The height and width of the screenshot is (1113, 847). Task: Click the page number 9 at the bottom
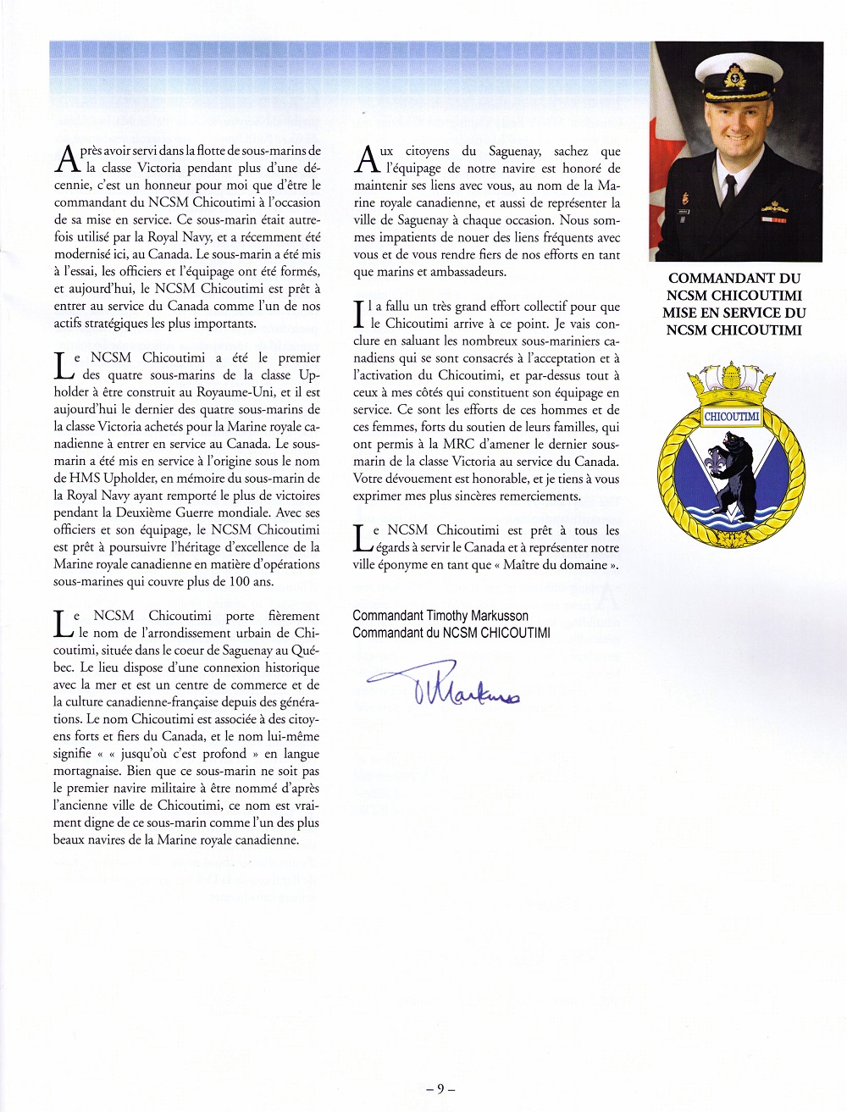pos(440,1088)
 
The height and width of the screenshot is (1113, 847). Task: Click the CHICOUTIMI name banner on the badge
pos(732,416)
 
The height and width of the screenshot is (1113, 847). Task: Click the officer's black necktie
pos(729,191)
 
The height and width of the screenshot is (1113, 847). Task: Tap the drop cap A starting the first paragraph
pos(66,159)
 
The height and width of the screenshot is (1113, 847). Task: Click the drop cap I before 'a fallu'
pos(358,314)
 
